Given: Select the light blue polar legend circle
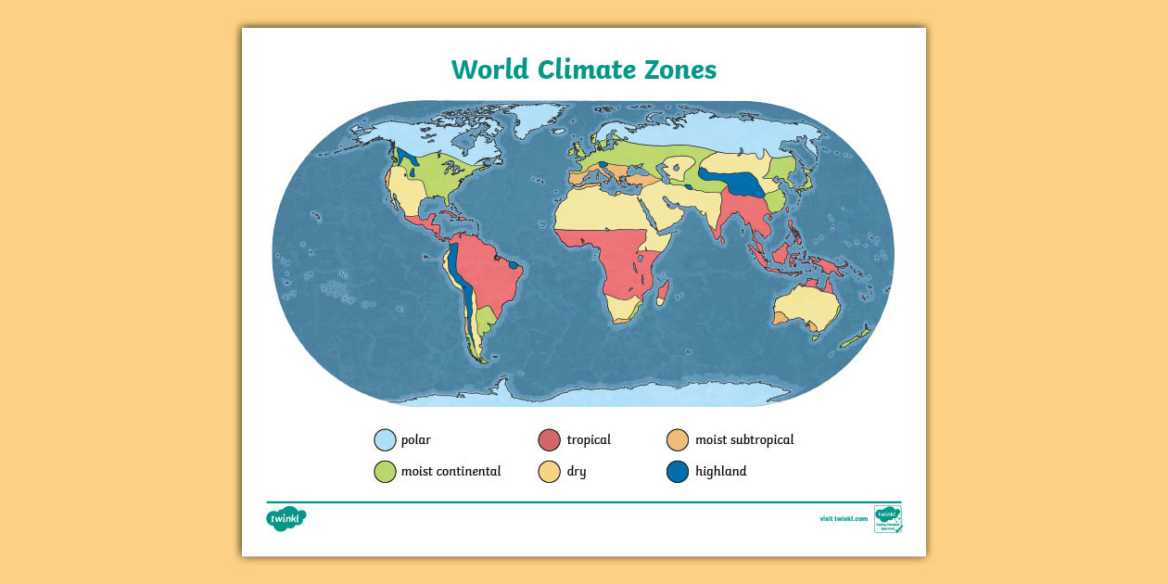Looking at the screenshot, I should pyautogui.click(x=385, y=440).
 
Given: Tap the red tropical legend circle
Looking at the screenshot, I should pyautogui.click(x=550, y=440).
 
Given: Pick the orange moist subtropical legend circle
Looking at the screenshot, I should pyautogui.click(x=678, y=440).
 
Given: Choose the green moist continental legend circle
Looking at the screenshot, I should pyautogui.click(x=385, y=472).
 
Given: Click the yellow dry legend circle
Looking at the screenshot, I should pyautogui.click(x=550, y=472).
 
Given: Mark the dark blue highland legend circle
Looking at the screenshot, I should pyautogui.click(x=678, y=472).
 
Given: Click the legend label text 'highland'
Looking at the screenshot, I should pyautogui.click(x=720, y=471).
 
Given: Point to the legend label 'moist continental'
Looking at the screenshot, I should pyautogui.click(x=451, y=471).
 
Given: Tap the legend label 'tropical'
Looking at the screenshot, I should pyautogui.click(x=589, y=440).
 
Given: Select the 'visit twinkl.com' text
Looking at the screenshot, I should pyautogui.click(x=844, y=519).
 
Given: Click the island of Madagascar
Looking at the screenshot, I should pyautogui.click(x=664, y=295).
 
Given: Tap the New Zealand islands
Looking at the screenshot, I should pyautogui.click(x=856, y=337).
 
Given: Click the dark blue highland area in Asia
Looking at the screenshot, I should pyautogui.click(x=737, y=182).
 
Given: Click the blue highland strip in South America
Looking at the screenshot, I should pyautogui.click(x=463, y=287).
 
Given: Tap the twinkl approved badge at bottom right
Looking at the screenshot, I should pyautogui.click(x=887, y=519).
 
